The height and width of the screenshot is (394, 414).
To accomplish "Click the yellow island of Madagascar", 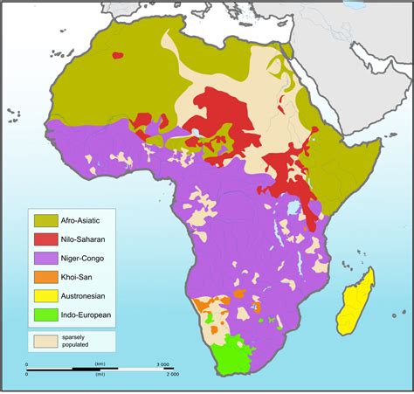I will [x=357, y=302].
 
